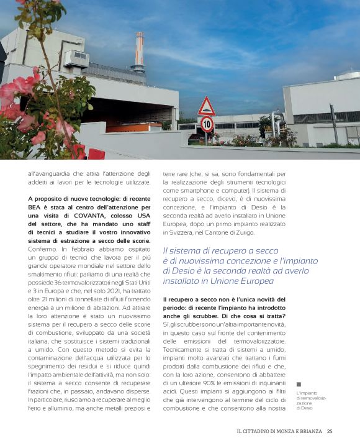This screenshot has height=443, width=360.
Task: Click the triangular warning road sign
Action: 206,107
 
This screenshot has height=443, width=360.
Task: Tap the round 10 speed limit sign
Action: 207,124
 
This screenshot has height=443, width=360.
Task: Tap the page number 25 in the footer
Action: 330,432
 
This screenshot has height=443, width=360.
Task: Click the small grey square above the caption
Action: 299,385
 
